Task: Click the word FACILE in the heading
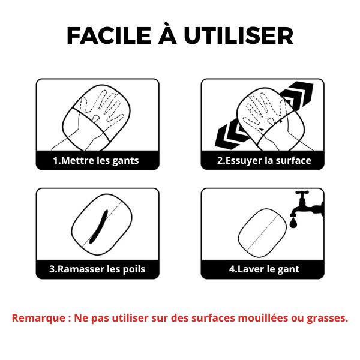coord(109,35)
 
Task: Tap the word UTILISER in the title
coord(239,35)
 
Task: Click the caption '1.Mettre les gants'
coord(96,160)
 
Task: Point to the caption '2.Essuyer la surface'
coord(264,160)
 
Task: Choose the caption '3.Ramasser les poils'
coord(97,269)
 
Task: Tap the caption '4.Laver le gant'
coord(264,269)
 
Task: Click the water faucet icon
coord(308,205)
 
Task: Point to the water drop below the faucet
coord(293,223)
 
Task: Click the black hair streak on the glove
coord(99,226)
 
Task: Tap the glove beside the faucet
coord(262,233)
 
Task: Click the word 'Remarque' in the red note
coord(38,318)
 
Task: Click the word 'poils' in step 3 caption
coord(134,269)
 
